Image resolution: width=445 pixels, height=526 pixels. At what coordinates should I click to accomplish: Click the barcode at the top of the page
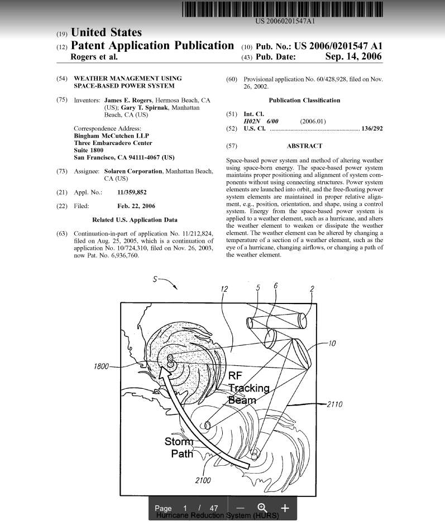(282, 9)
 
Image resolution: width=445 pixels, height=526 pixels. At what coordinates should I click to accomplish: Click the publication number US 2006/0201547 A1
(338, 46)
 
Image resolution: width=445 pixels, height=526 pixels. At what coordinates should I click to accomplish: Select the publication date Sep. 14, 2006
(353, 57)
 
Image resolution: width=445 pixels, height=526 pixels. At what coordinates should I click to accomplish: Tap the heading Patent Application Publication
(152, 46)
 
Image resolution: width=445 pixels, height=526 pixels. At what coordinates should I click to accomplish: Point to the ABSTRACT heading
(304, 146)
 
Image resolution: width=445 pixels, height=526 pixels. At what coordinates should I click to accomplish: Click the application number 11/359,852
(132, 192)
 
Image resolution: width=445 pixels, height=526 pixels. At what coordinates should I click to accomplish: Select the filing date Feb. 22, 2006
(136, 206)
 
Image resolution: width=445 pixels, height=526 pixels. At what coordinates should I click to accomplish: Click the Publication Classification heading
(304, 100)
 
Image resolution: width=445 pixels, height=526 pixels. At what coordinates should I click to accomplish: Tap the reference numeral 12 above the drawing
(224, 289)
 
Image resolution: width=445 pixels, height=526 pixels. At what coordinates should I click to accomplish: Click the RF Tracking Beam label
(249, 388)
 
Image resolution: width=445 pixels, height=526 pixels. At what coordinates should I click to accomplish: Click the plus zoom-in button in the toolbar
(285, 508)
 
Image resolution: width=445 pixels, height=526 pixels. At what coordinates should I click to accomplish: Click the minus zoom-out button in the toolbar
(240, 508)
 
